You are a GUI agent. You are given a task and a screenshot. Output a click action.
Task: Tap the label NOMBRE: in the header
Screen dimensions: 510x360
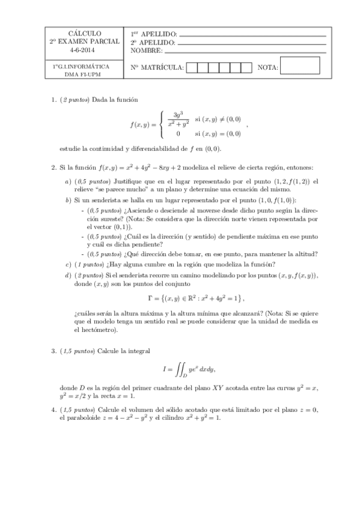(x=146, y=51)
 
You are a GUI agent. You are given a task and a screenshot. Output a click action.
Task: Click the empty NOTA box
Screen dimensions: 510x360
(x=300, y=66)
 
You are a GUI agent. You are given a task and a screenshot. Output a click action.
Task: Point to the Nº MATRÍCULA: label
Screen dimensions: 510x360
(x=157, y=67)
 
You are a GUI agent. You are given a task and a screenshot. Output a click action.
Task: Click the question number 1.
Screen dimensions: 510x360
(x=53, y=99)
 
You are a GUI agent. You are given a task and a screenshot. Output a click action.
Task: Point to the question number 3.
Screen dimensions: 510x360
(x=53, y=349)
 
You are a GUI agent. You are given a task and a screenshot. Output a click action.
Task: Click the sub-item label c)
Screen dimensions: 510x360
(x=67, y=265)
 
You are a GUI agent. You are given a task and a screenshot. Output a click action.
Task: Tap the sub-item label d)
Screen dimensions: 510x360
(x=67, y=275)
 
